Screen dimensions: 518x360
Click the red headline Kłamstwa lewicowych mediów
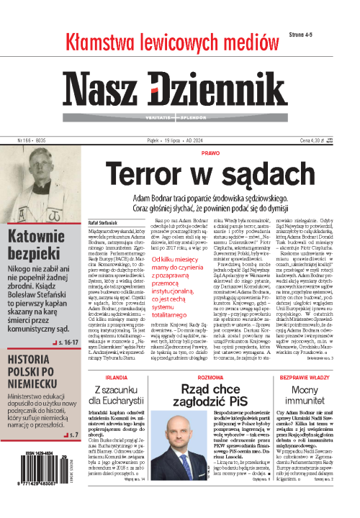point(166,43)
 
